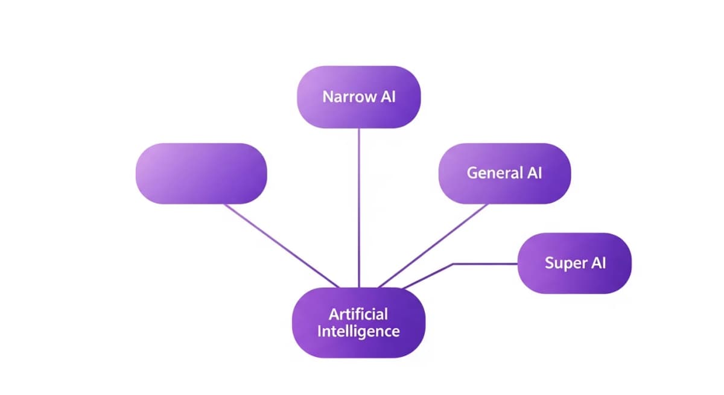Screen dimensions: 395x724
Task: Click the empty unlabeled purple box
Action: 201,173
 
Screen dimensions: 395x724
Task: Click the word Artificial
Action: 358,314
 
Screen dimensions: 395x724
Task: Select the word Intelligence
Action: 358,331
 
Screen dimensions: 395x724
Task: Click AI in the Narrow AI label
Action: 388,96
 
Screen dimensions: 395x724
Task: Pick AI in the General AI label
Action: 534,172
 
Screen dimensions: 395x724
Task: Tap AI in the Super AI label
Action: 597,263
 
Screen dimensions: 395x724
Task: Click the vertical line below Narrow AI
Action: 359,205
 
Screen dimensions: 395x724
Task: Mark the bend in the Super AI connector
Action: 453,264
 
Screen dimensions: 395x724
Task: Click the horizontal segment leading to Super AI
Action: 486,264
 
